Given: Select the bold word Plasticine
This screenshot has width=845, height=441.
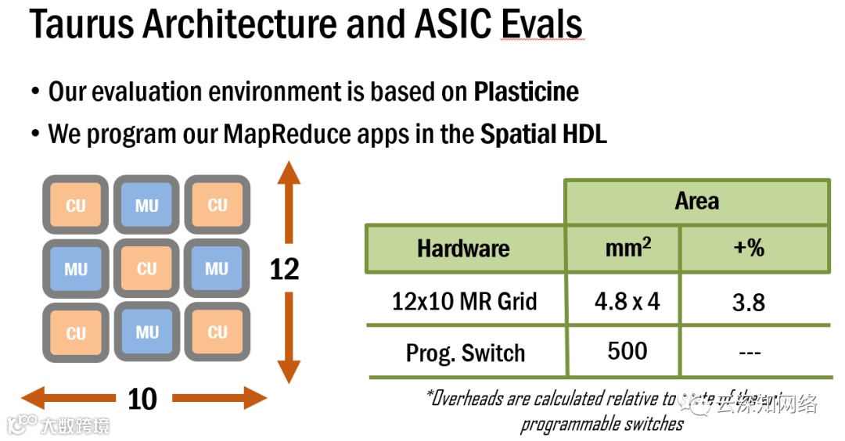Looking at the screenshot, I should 526,91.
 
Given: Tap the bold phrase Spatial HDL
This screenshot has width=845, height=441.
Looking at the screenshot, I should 543,134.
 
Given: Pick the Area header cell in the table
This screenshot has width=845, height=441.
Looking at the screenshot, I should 696,202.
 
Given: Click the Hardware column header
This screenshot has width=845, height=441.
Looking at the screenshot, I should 463,249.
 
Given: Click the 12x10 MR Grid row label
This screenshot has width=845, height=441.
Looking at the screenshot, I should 464,301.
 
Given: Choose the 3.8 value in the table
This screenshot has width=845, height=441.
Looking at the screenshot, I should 748,302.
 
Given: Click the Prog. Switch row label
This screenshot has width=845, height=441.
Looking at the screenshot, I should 465,353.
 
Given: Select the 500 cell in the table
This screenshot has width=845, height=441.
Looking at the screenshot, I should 627,351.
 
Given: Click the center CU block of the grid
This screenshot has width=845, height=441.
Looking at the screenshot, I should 146,269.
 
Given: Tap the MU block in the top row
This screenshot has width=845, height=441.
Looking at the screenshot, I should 146,206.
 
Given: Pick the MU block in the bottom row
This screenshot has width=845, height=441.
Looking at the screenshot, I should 146,332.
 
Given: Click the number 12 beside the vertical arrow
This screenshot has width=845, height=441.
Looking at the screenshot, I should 285,269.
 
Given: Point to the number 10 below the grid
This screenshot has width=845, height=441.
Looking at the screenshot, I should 142,400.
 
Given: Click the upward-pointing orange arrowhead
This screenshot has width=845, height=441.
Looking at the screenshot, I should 289,171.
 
